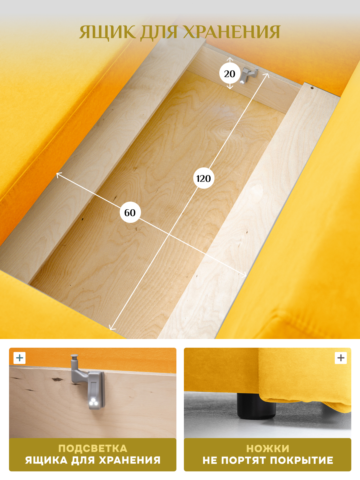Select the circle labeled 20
point(229,74)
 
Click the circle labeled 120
point(204,178)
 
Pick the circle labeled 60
point(130,212)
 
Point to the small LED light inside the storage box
point(242,82)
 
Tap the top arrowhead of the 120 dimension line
point(267,75)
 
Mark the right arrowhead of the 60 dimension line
point(244,275)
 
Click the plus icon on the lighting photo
point(20,358)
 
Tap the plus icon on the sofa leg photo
point(341,358)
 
